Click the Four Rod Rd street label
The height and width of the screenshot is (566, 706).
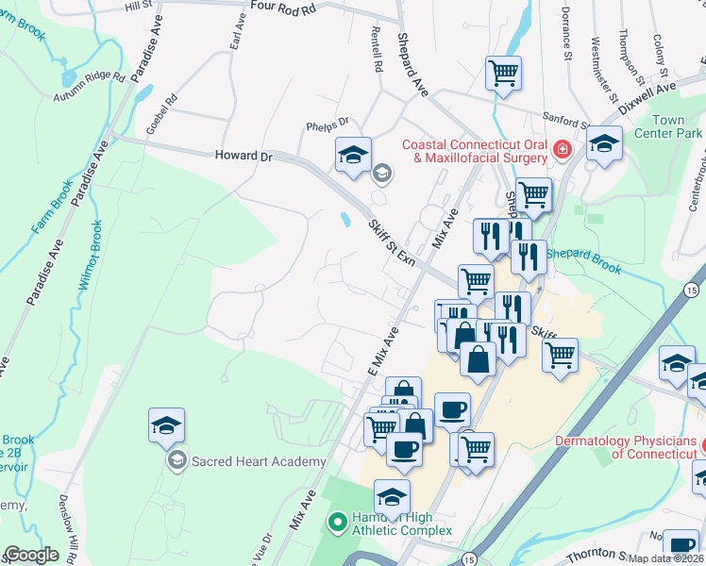click(282, 6)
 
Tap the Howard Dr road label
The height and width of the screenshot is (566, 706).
click(244, 156)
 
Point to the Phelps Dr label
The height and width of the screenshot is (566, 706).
click(328, 123)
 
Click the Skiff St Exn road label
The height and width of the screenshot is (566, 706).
click(392, 240)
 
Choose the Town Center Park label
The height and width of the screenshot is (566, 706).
click(677, 127)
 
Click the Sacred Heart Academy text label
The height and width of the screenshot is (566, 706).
click(260, 461)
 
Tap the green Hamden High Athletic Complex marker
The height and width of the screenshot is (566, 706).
click(337, 520)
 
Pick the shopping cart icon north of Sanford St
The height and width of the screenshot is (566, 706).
click(504, 72)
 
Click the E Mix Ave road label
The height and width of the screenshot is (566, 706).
click(383, 350)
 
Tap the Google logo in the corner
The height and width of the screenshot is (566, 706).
click(31, 555)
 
